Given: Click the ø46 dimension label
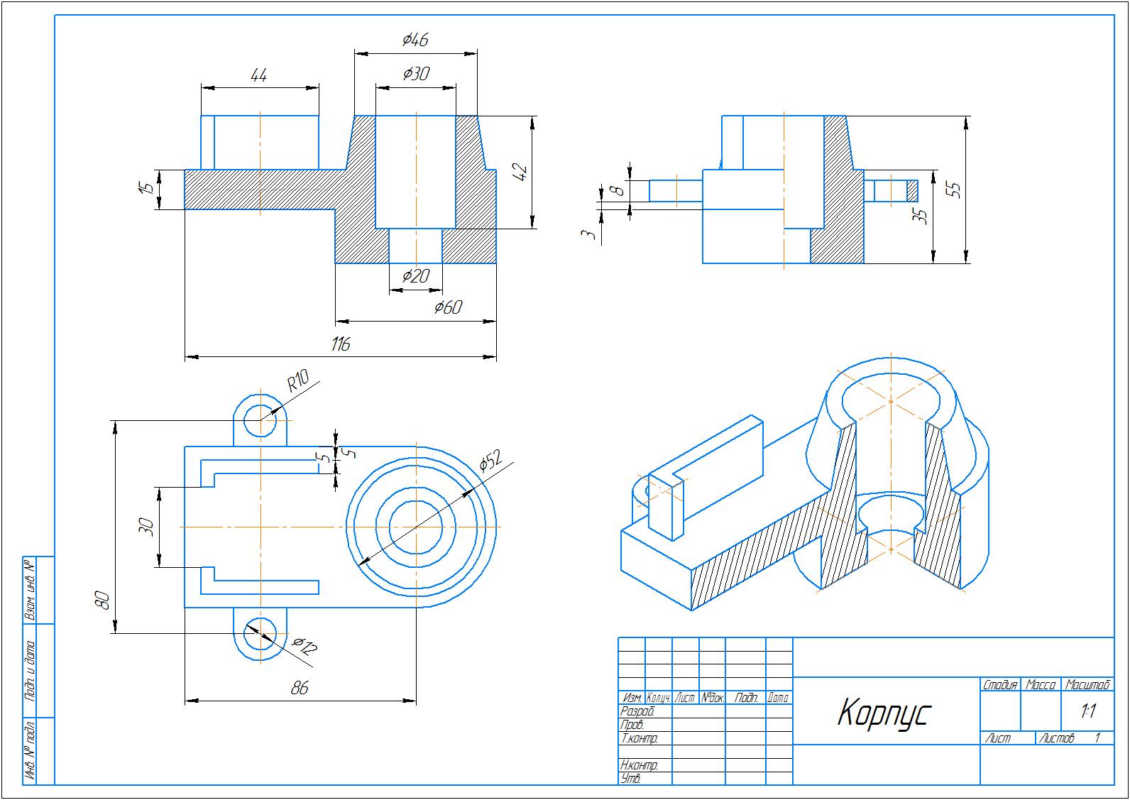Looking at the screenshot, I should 415,40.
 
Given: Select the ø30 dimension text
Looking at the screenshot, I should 416,73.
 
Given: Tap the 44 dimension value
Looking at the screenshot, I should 259,75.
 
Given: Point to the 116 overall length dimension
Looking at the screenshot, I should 341,345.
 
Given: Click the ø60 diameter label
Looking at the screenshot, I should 448,307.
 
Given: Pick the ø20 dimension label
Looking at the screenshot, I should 416,275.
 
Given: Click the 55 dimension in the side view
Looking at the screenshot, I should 955,190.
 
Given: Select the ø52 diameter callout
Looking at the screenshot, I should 490,461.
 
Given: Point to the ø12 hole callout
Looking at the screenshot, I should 305,646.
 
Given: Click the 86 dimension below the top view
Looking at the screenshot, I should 300,688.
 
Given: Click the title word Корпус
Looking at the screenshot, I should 883,713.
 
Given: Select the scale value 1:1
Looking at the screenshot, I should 1087,711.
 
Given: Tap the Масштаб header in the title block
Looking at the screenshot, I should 1087,685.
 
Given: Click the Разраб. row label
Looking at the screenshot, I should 636,711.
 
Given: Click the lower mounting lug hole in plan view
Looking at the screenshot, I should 260,633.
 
